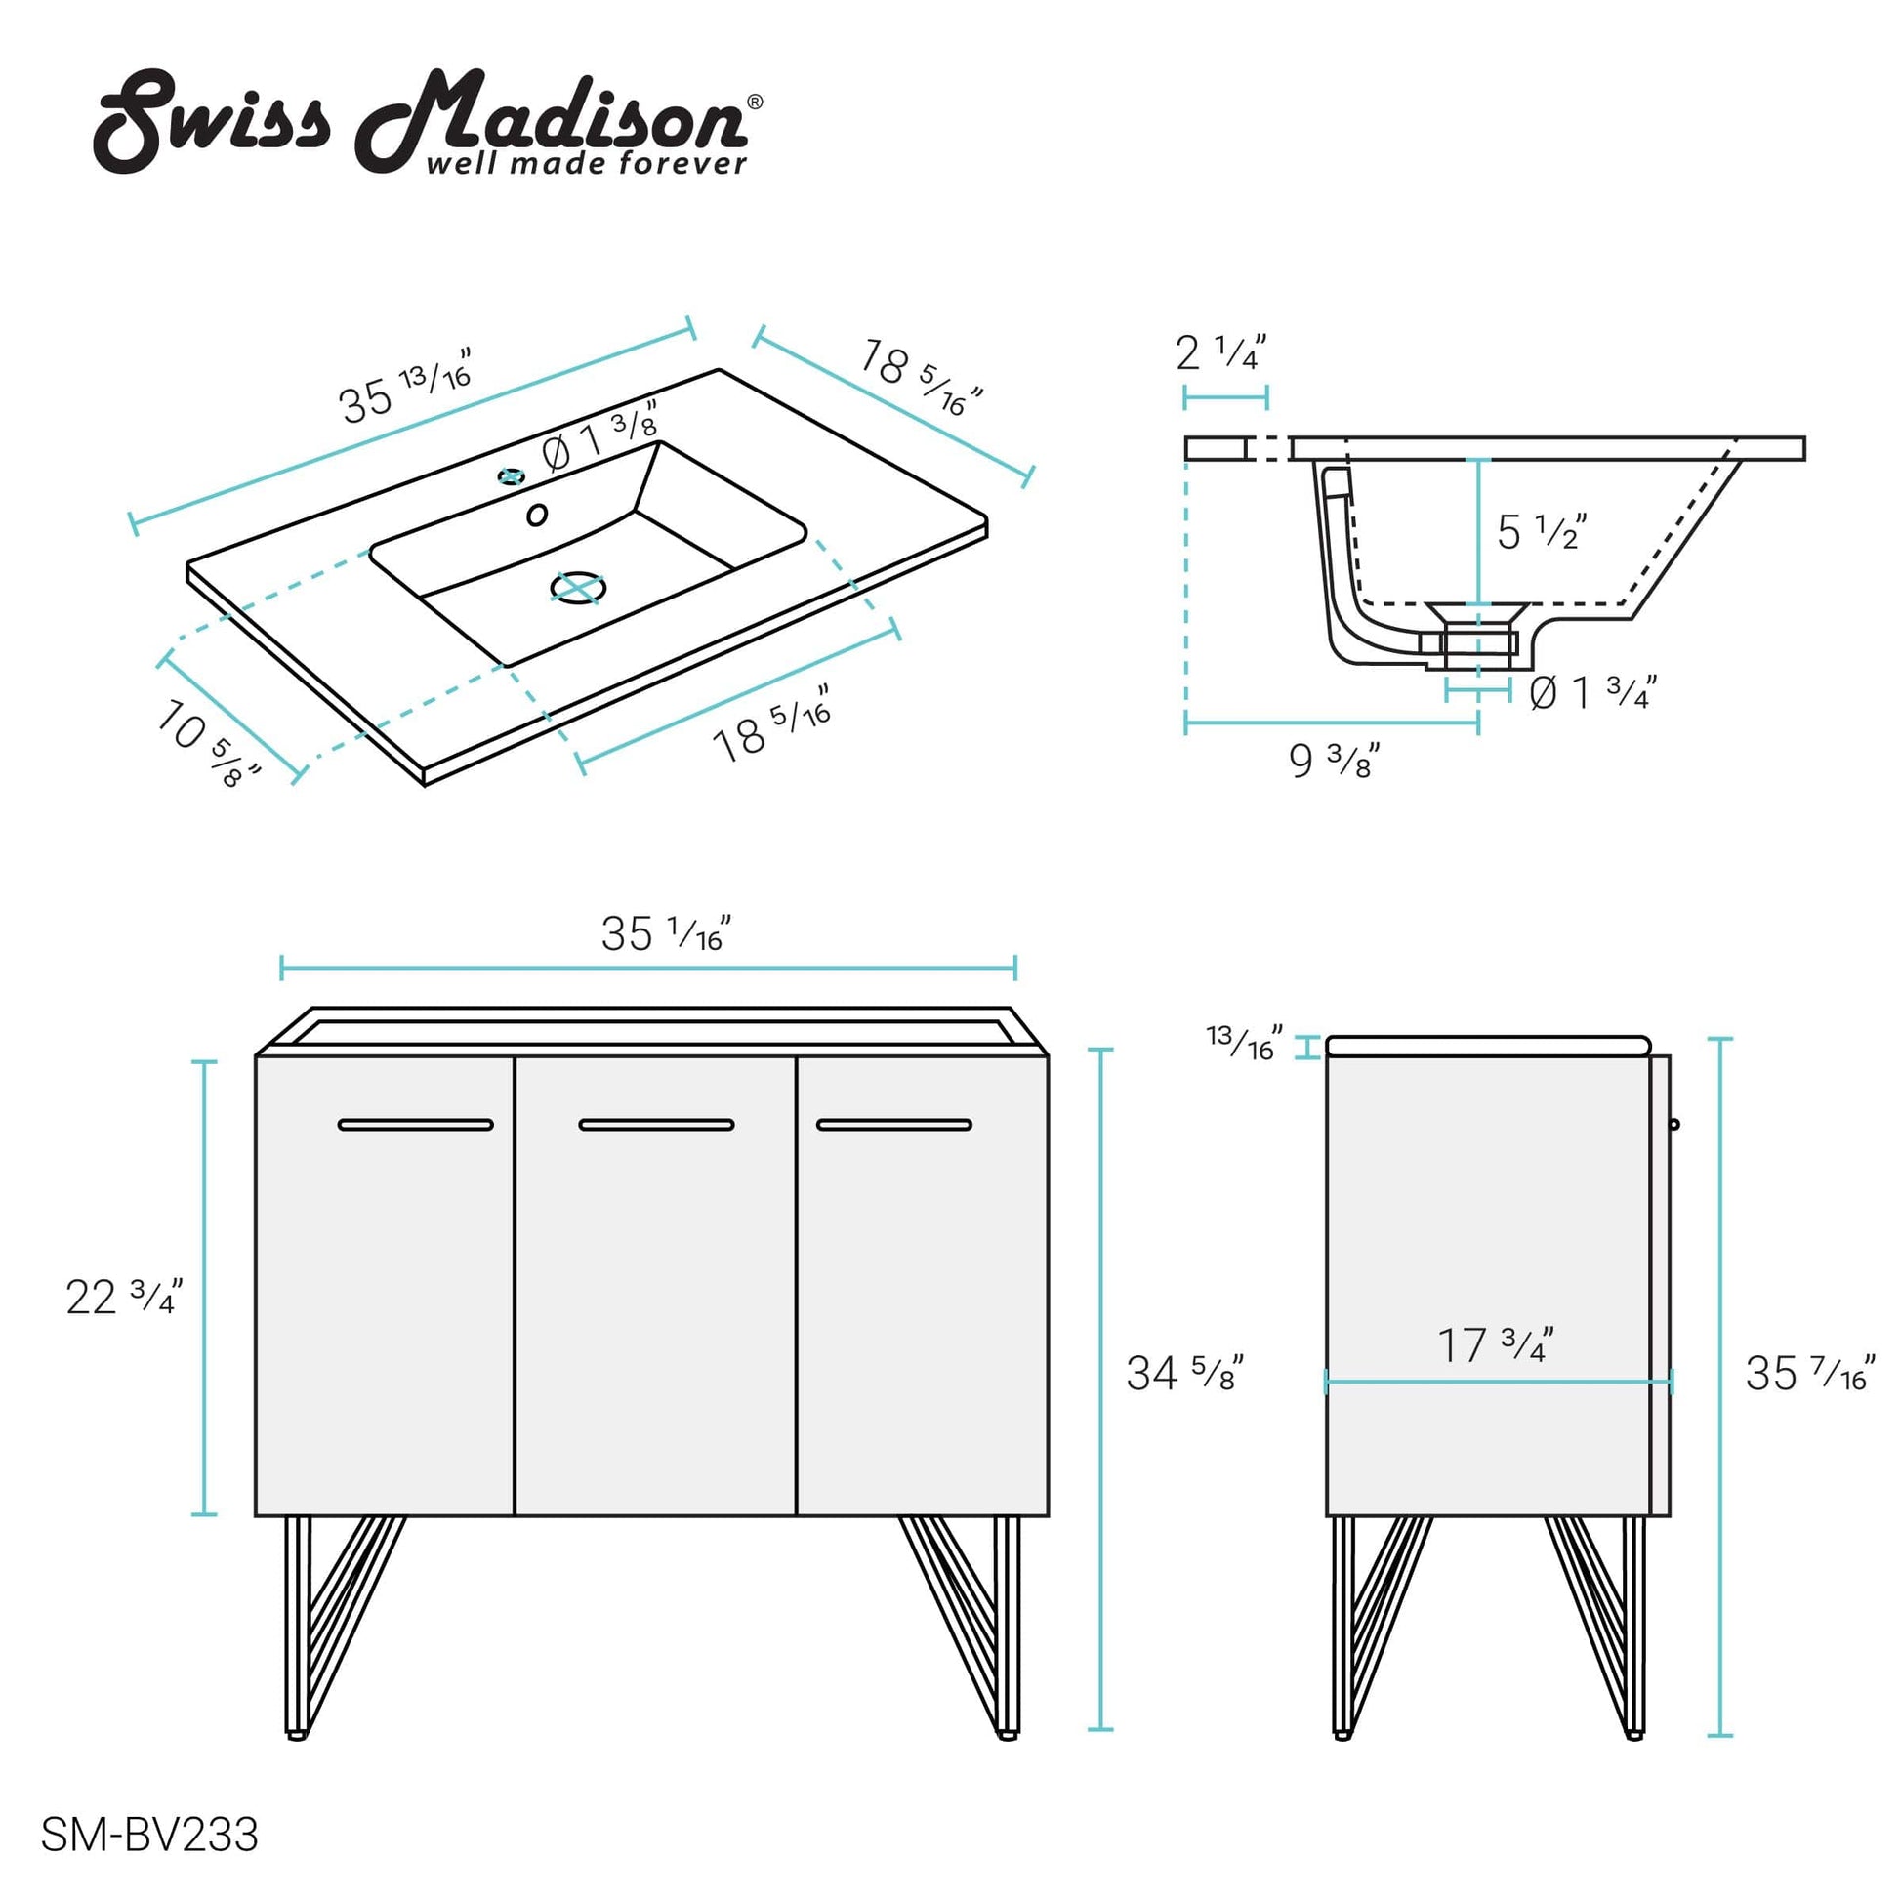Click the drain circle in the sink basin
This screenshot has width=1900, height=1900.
pos(577,587)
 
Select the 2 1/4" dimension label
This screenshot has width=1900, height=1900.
pos(1220,352)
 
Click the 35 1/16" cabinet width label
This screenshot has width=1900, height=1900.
pos(666,933)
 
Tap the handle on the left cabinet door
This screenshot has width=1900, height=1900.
pos(415,1124)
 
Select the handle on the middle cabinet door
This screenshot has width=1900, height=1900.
pos(656,1124)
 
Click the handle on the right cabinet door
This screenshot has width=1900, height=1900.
pos(894,1124)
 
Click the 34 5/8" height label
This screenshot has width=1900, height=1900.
pos(1184,1373)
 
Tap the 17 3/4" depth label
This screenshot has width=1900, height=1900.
pos(1495,1344)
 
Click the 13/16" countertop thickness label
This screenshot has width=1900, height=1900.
pos(1244,1043)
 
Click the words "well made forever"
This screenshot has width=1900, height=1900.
pos(586,163)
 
